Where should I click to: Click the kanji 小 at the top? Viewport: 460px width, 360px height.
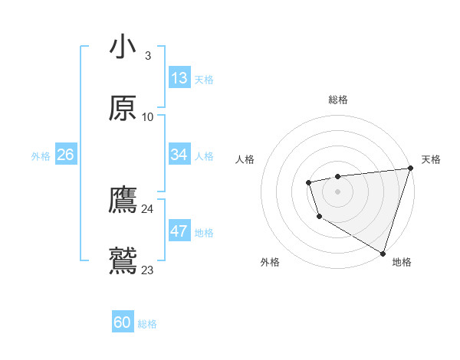pos(123,47)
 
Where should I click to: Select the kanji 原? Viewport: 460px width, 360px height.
pos(123,108)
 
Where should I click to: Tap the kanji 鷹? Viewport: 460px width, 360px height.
pos(123,200)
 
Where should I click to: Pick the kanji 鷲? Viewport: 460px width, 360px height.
pos(123,261)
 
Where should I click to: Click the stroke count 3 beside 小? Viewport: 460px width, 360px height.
pos(147,56)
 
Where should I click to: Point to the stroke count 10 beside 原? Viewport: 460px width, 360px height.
pos(147,117)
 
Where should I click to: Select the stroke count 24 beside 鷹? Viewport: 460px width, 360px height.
pos(147,209)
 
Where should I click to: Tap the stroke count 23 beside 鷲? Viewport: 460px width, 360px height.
pos(147,270)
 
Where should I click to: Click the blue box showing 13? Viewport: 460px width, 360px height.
pos(179,78)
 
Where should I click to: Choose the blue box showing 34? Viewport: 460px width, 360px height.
pos(179,155)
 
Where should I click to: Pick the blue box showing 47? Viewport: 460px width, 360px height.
pos(179,231)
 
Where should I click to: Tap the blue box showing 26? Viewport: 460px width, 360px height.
pos(65,155)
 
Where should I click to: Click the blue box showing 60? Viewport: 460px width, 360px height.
pos(123,322)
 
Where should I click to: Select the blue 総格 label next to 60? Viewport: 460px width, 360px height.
pos(147,324)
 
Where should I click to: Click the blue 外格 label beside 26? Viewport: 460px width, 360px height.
pos(41,156)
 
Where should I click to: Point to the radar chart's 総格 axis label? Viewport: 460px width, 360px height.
pos(338,100)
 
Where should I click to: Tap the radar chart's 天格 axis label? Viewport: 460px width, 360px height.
pos(431,159)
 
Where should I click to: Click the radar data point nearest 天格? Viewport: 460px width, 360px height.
pos(410,169)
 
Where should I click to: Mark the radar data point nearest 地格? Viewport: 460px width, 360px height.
pos(383,253)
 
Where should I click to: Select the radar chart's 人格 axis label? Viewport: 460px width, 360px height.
pos(245,159)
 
